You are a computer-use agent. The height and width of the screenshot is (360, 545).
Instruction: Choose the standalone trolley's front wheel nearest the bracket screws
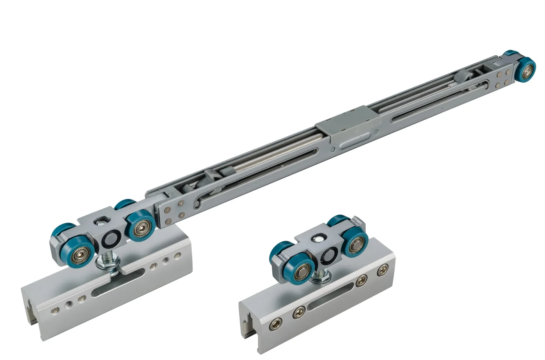[x=354, y=244]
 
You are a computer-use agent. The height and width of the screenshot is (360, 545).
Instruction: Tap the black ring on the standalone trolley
[x=329, y=256]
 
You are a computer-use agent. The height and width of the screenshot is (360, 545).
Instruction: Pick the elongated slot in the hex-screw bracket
[x=331, y=298]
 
